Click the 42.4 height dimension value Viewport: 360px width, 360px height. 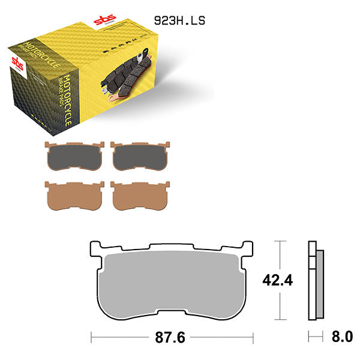pyautogui.click(x=278, y=280)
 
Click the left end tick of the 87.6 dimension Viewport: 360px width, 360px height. pyautogui.click(x=91, y=337)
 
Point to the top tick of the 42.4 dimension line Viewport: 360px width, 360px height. pyautogui.click(x=278, y=242)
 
